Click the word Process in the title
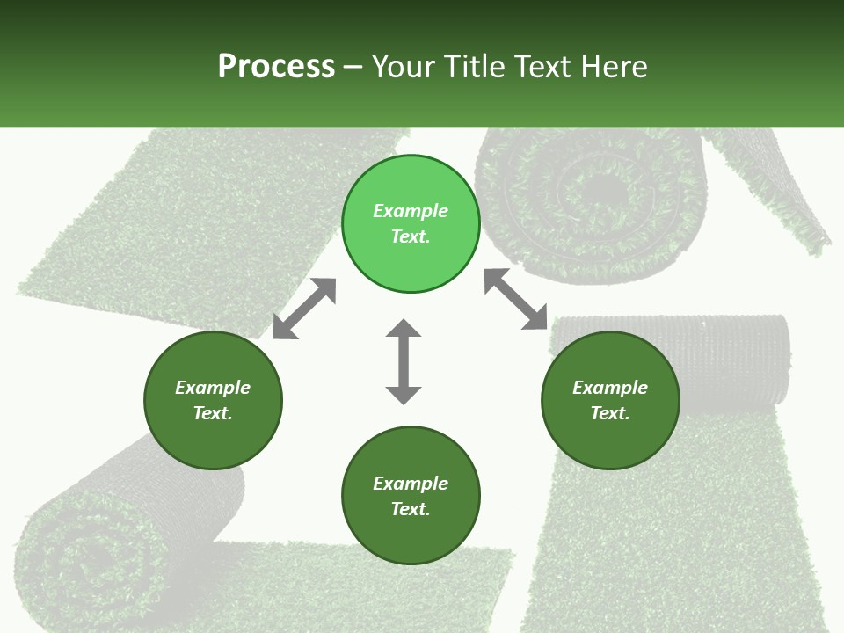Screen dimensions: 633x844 (x=276, y=67)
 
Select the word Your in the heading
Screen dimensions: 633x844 (x=401, y=67)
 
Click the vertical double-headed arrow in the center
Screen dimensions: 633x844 (x=404, y=361)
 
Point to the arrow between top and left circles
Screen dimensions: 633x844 (x=304, y=309)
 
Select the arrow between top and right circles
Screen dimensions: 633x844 (x=516, y=299)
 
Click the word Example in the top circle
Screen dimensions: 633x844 (x=411, y=211)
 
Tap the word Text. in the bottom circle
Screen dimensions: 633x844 (x=411, y=509)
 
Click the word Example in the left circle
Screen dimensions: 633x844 (x=213, y=388)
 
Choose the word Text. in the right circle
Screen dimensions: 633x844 (x=610, y=413)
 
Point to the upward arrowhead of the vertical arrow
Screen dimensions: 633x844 (x=404, y=330)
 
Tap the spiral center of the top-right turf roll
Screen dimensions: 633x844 (x=598, y=189)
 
